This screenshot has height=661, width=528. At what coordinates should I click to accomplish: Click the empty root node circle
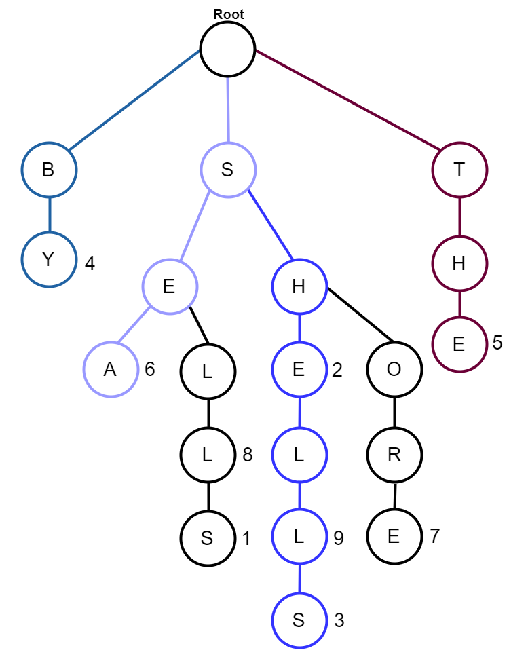point(227,49)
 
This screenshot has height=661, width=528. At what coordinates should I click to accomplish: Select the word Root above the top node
point(229,14)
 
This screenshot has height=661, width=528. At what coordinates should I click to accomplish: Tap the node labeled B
point(49,170)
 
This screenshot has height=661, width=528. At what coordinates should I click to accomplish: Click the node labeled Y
point(49,260)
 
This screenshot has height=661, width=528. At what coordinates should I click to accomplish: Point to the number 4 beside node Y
point(90,263)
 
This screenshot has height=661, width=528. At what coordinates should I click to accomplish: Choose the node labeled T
point(459,170)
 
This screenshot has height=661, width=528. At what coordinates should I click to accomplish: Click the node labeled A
point(111,370)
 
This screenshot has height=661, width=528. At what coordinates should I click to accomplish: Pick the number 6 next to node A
point(150,370)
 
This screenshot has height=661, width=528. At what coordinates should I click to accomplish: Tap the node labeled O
point(394,370)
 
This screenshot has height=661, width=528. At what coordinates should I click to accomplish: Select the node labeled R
point(394,454)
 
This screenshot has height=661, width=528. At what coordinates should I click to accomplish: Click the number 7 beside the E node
point(435,536)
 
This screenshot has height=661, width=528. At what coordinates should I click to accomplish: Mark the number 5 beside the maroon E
point(497,343)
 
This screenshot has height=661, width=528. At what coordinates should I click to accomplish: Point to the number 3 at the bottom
point(339,620)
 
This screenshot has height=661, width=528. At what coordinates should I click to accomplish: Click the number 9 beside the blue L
point(339,538)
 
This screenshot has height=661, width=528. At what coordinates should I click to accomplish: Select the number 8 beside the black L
point(248,455)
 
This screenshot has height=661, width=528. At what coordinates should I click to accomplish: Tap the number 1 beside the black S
point(246,539)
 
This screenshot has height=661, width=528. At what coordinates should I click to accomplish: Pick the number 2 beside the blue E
point(337,370)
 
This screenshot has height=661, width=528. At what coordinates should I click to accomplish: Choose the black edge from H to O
point(360,314)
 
